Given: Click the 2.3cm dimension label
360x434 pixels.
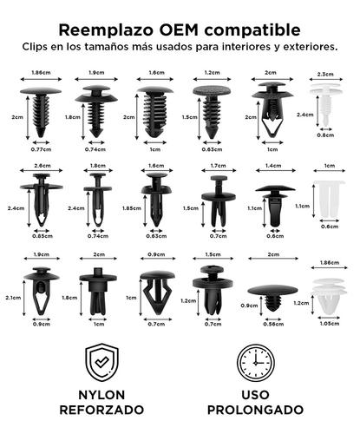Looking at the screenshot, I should tap(326, 74).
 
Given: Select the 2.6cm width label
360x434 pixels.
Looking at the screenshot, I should tap(42, 165).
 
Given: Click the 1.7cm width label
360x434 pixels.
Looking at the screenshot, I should tap(217, 165).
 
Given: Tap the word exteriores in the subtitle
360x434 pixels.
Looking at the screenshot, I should tap(307, 45).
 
